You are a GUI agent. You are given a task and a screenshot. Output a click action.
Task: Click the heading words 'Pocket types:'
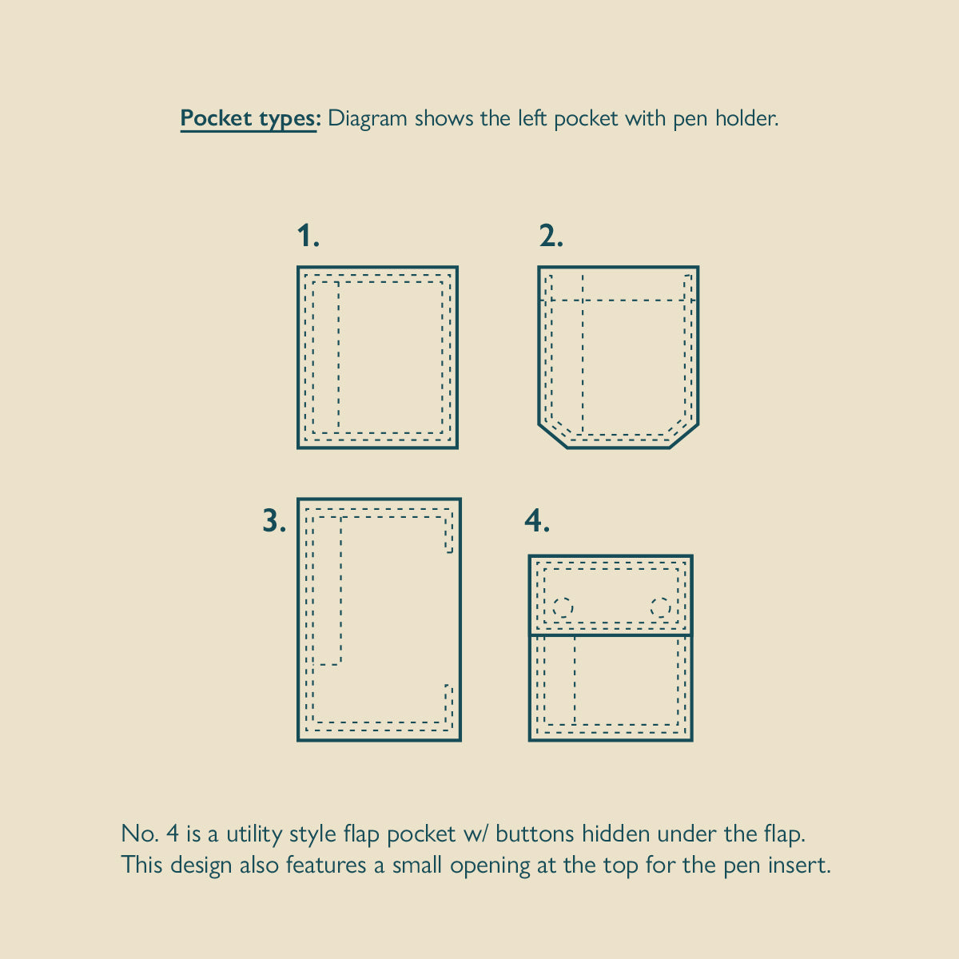[251, 119]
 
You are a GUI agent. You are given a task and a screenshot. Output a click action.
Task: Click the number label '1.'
[308, 236]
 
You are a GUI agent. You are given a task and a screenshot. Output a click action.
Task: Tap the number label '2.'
[551, 236]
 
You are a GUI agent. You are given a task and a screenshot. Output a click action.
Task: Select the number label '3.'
[274, 521]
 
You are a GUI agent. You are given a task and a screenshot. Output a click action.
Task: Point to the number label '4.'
[537, 521]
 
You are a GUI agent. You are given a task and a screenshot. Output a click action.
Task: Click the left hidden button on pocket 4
[563, 607]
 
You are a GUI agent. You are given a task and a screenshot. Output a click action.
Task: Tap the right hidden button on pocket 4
[660, 607]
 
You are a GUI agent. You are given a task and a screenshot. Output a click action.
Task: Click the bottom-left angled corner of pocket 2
[553, 436]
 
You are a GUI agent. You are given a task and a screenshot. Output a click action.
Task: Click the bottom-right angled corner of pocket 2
[684, 436]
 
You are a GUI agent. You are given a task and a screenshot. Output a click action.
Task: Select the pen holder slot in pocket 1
[326, 356]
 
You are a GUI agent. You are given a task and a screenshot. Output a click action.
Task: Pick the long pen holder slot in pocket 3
[327, 591]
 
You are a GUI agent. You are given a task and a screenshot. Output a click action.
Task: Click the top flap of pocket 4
[611, 595]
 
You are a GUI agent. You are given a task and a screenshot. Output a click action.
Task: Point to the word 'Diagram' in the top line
[368, 119]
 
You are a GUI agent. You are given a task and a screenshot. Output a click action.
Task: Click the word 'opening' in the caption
[490, 865]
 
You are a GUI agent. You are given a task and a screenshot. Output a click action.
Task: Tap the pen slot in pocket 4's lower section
[560, 680]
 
